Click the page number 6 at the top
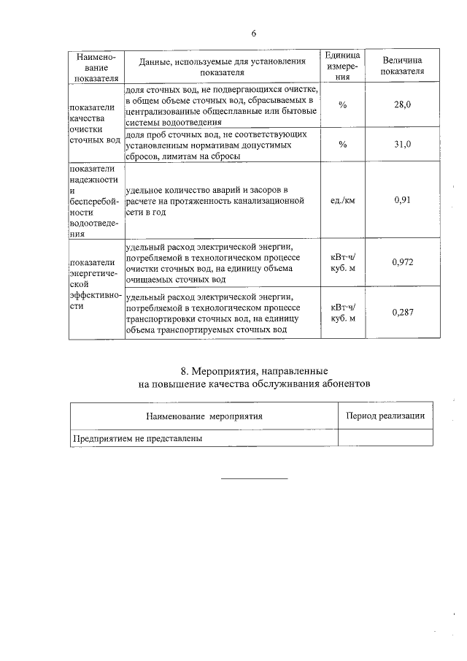254,33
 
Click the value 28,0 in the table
402,105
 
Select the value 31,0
402,144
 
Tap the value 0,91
402,199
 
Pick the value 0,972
402,261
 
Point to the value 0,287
402,313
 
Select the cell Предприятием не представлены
137,439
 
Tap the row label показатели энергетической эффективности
92,285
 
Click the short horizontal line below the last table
254,478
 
